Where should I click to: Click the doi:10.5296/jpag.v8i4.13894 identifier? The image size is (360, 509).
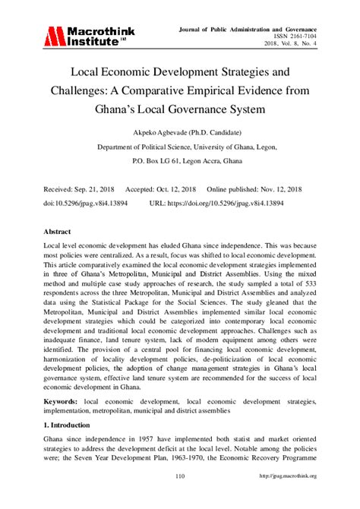click(84, 204)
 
